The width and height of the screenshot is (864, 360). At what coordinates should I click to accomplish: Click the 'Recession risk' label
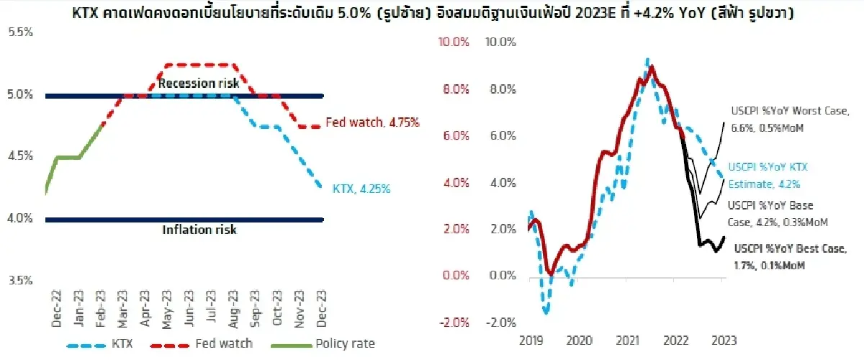coord(199,83)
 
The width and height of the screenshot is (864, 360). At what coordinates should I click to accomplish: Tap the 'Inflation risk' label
coord(199,230)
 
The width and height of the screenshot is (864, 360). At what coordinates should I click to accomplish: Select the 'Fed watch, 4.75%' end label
coord(372,122)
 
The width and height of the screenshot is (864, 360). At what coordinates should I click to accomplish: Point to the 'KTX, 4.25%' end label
coord(361,189)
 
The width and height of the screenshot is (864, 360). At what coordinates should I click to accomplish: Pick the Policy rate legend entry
coord(320,343)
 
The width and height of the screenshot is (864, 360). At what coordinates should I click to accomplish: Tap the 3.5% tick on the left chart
coord(19,280)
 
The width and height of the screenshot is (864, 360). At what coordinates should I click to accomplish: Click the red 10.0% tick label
coord(454,42)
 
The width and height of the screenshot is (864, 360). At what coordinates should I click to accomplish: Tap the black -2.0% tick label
coord(501,322)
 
